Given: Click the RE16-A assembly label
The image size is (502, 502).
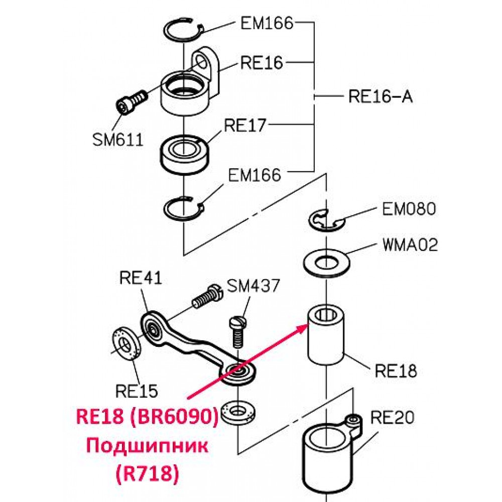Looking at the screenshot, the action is pos(381,96).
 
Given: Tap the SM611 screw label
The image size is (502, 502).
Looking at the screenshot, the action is pos(117,140).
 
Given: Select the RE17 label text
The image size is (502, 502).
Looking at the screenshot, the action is pos(245,125).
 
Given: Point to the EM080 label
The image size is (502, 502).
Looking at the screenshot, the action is pos(409,209).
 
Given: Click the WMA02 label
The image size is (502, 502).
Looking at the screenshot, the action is pos(410,245).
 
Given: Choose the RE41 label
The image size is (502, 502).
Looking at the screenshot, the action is pos(141,278).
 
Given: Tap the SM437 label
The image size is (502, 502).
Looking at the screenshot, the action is pos(253,286).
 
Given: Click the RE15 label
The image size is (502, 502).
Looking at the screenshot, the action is pos(137,391).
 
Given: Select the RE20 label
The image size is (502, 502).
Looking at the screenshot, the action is pos(392,418).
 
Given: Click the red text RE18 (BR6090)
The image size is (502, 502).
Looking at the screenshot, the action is pos(147,417).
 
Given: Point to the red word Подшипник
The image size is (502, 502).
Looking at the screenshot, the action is pos(147,445).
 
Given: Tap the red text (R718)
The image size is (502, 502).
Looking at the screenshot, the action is pos(147,473).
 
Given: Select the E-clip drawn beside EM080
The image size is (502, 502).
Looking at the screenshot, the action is pos(327,221).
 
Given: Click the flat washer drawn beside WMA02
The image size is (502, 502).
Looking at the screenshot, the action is pos(326,263).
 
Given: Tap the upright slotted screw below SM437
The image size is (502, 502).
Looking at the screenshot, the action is pos(238,331).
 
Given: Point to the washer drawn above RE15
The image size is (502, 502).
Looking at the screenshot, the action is pos(127,343).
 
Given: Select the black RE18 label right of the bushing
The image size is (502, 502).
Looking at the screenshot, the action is pos(396,371).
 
